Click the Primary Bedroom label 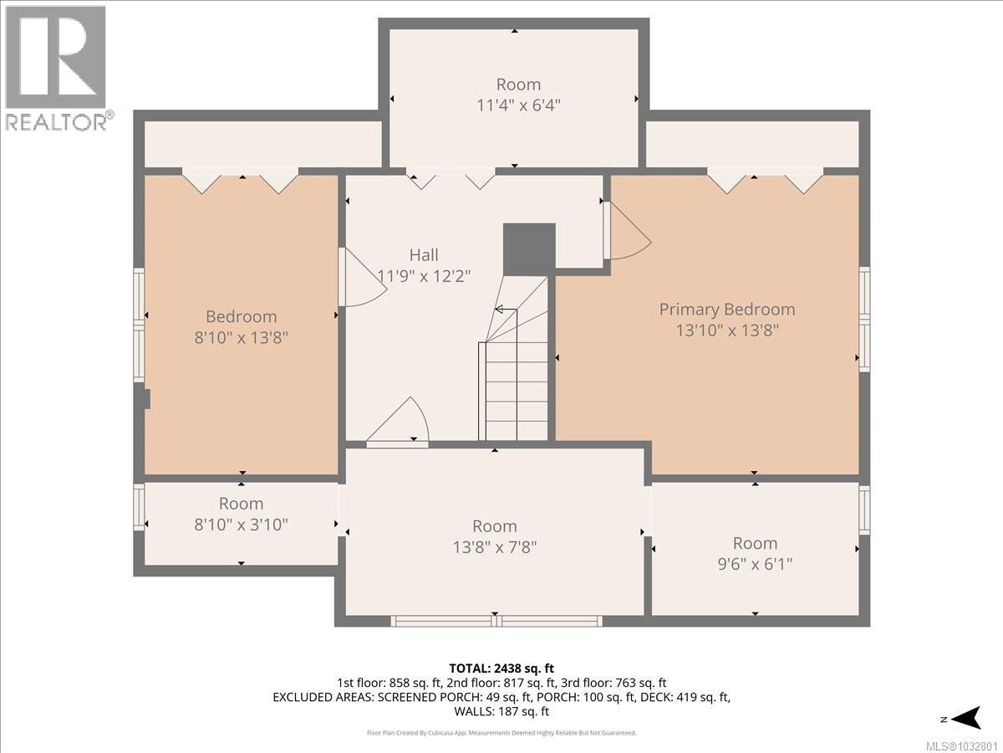[726, 309]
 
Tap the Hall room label [424, 255]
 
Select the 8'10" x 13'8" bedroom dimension [241, 338]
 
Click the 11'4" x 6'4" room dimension [518, 105]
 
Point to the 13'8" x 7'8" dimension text [494, 547]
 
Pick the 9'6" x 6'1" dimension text [755, 564]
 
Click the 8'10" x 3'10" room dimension [241, 525]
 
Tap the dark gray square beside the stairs [529, 248]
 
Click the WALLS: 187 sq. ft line [501, 712]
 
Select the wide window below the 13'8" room [496, 621]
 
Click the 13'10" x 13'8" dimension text [726, 330]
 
